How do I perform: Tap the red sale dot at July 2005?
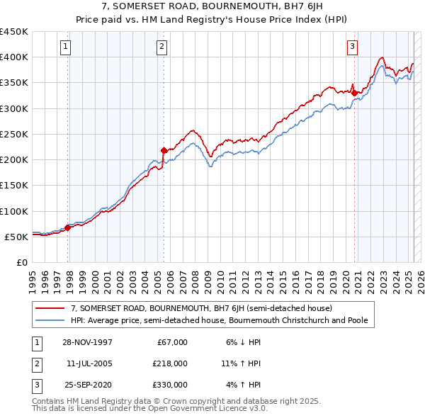(164, 150)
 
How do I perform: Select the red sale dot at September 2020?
(354, 92)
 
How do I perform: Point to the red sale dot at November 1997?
(68, 227)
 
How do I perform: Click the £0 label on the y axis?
(21, 262)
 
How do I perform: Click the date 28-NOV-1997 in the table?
(87, 342)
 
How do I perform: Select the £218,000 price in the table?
(171, 363)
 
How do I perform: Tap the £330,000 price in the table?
(171, 385)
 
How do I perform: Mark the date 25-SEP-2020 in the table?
(87, 385)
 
